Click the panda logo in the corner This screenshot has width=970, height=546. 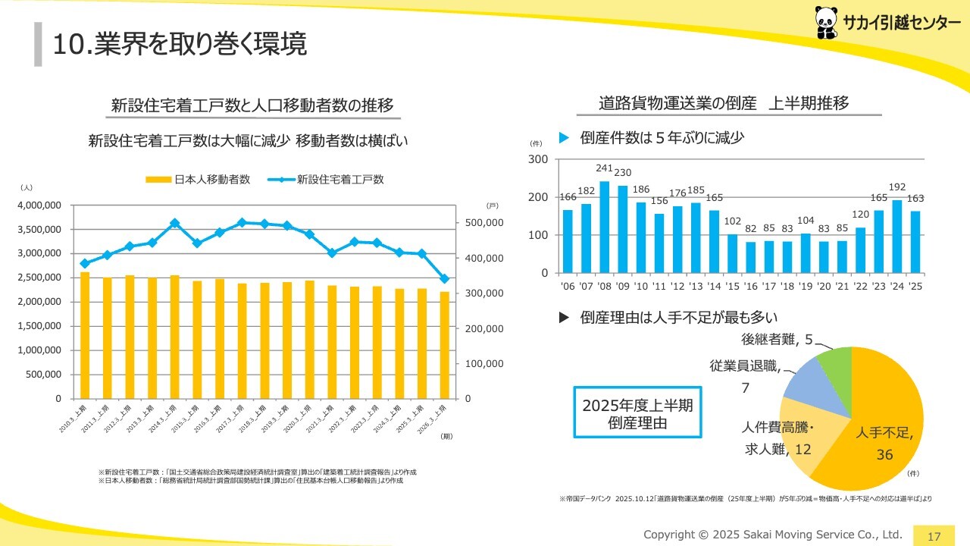pos(827,23)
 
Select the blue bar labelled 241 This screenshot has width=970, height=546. pos(605,227)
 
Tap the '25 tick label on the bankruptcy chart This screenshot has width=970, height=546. pos(914,287)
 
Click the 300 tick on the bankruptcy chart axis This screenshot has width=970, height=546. pos(538,159)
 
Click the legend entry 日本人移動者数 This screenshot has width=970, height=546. pos(198,180)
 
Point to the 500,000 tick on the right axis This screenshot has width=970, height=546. pos(483,223)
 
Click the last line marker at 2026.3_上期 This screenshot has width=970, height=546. pos(444,279)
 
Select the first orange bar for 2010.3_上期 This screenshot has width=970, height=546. pos(85,335)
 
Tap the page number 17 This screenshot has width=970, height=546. pos(934,536)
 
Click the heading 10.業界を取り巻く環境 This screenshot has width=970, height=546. pos(179,44)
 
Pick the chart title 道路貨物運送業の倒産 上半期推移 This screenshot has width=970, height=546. pos(723,103)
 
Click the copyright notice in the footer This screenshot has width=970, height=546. pos(773,535)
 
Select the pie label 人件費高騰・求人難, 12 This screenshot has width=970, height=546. pos(777,438)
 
